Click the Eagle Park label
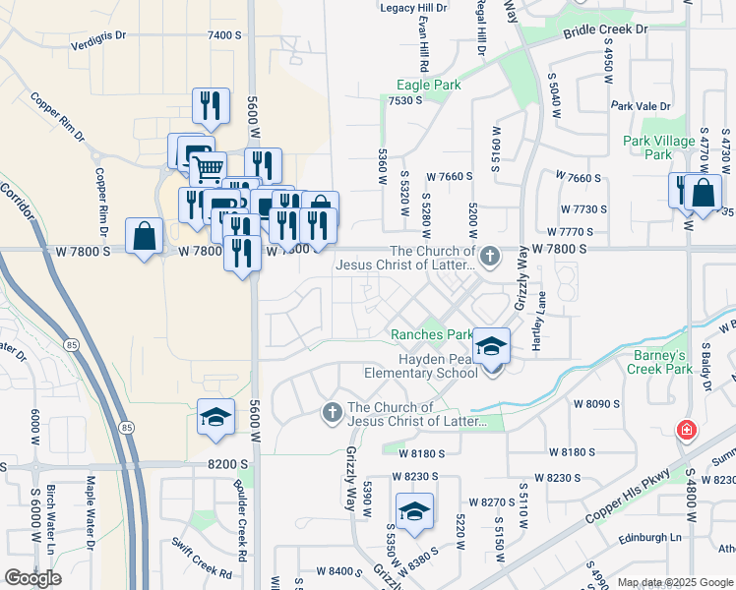click(428, 86)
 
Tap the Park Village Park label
click(659, 147)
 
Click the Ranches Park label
click(432, 335)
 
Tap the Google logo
click(33, 578)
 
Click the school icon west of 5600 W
click(215, 417)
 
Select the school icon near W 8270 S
click(414, 511)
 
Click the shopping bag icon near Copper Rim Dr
click(144, 236)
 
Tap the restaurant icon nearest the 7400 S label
click(211, 105)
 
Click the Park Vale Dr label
click(640, 106)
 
